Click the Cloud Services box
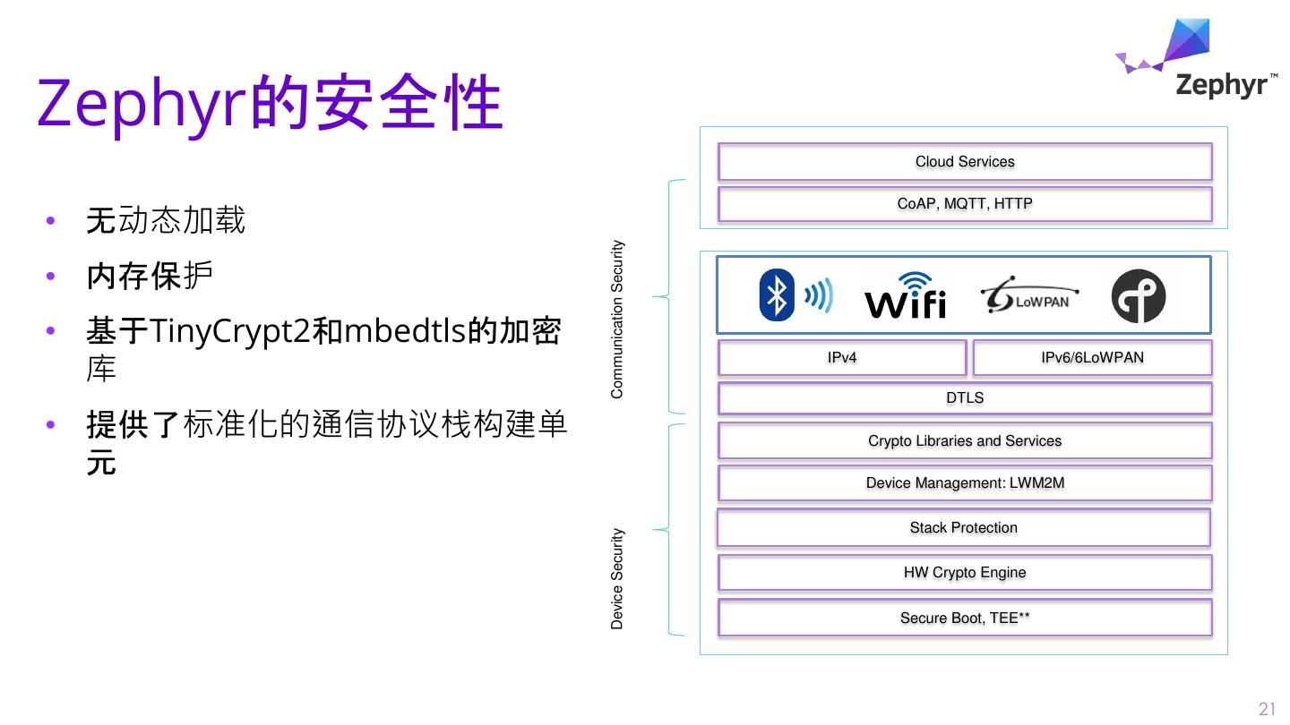click(x=965, y=162)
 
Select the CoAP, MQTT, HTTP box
click(x=965, y=204)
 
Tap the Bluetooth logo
click(x=795, y=294)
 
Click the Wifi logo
click(x=905, y=296)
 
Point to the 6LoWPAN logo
click(x=1029, y=296)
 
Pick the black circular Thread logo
click(x=1138, y=296)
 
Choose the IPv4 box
click(x=842, y=358)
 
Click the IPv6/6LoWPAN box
click(x=1092, y=358)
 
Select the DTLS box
click(x=965, y=398)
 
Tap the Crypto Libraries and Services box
click(x=965, y=441)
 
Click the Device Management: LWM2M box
click(x=965, y=483)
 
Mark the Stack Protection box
click(x=964, y=528)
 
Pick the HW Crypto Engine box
click(x=965, y=573)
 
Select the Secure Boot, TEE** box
click(x=965, y=618)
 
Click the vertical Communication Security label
click(x=617, y=320)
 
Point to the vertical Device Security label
click(x=617, y=579)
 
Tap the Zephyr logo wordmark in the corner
click(x=1220, y=85)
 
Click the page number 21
click(x=1267, y=709)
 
